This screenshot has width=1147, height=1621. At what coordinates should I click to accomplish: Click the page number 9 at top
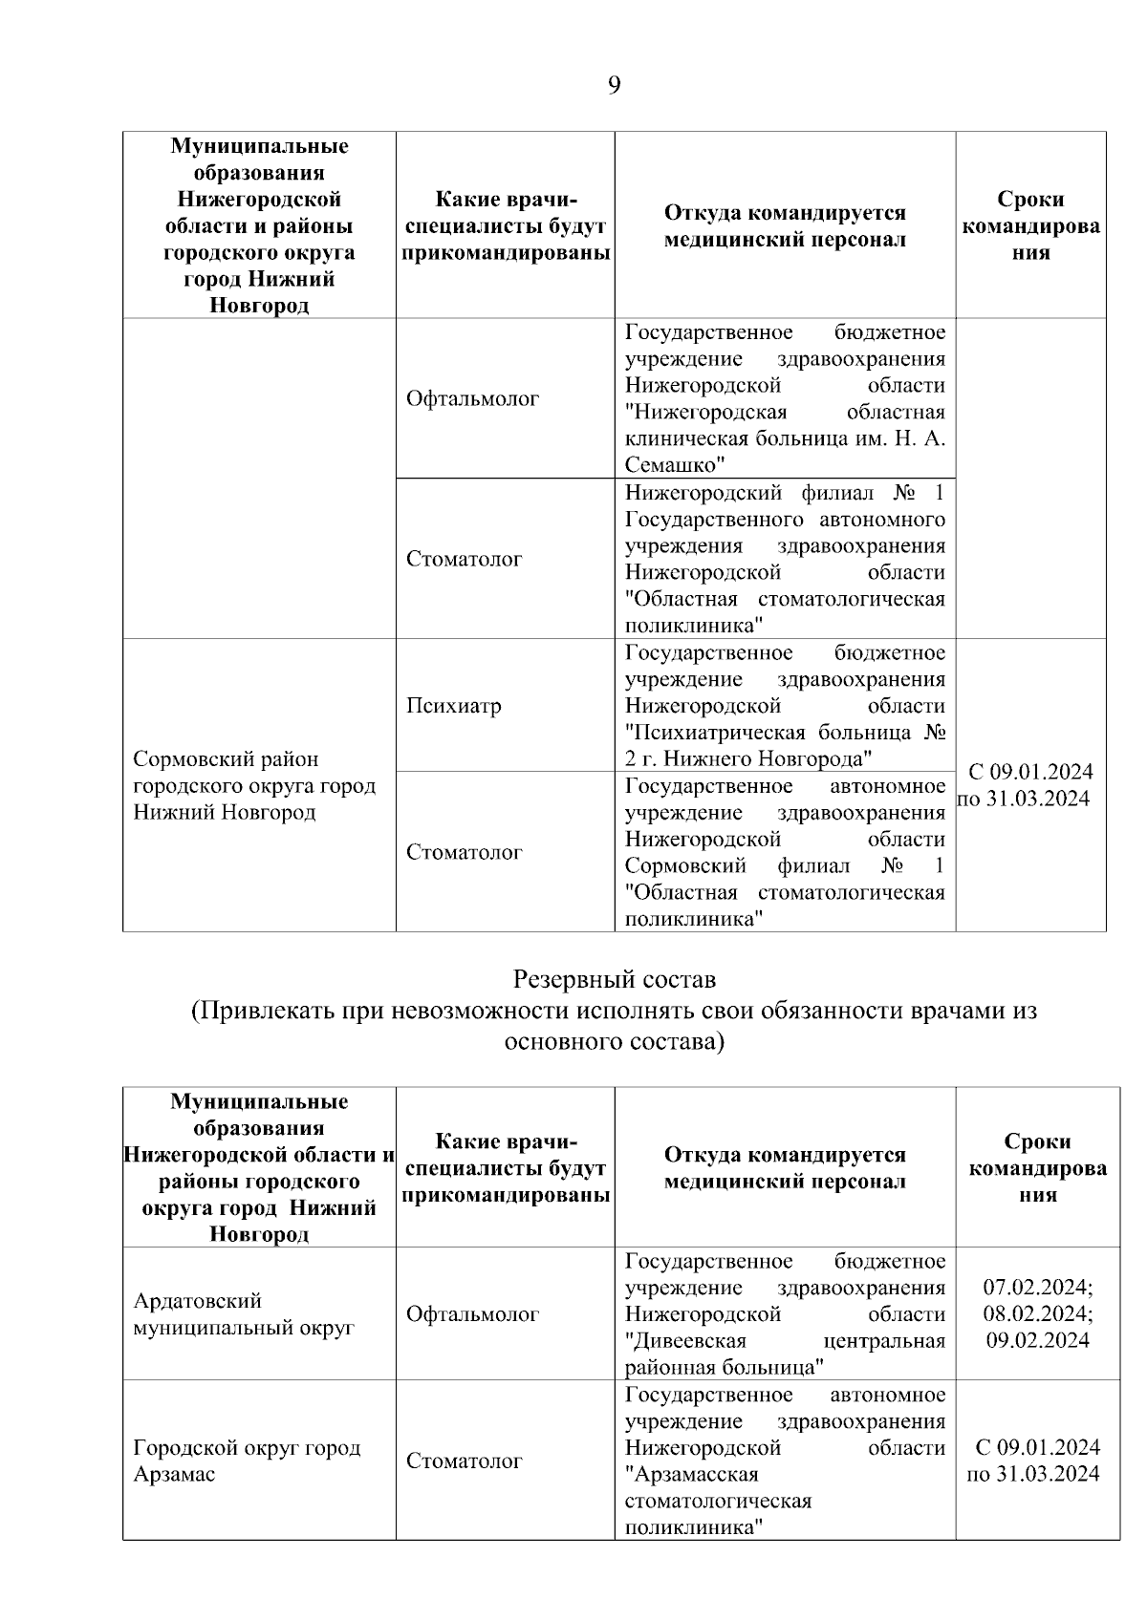coord(614,86)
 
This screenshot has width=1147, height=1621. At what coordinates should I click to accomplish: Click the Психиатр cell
coord(453,706)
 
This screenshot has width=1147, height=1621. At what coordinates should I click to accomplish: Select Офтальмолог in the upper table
coord(472,398)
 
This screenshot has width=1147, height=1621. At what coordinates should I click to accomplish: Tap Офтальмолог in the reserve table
coord(472,1313)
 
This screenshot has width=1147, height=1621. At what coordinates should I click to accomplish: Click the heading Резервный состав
coord(614,979)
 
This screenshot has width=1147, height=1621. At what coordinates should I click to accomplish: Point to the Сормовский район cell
coord(253,785)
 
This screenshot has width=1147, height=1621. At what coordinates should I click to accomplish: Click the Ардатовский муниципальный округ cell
coord(244,1313)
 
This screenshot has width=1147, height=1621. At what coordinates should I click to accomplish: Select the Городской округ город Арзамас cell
coord(247,1460)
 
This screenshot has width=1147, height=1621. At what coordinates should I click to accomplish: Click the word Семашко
coord(671,465)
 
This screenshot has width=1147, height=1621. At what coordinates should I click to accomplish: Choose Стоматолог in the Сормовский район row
coord(464,852)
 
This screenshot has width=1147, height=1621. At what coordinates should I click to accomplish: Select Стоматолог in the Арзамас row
coord(464,1461)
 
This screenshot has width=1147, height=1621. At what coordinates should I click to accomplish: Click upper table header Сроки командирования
coord(1030,225)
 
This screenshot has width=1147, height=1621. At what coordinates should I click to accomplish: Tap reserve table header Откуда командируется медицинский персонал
coord(785,1167)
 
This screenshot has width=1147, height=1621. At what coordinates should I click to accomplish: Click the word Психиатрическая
coord(707,733)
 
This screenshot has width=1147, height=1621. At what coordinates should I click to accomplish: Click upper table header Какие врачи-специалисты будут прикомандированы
coord(506,225)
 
